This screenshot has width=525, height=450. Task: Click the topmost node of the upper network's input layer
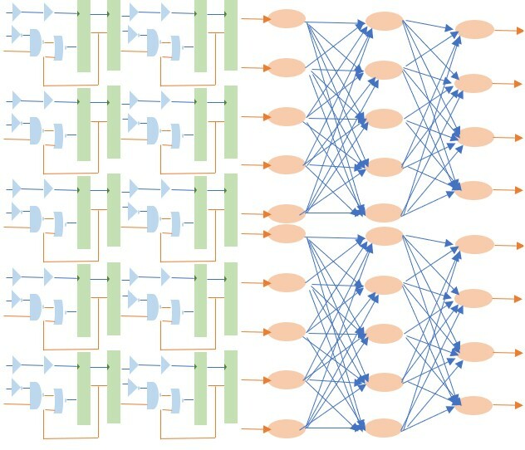point(287,18)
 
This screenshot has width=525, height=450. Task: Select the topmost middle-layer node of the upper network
point(384,21)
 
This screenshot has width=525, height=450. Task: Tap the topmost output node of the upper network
point(474,30)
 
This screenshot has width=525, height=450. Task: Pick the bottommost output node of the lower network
point(474,405)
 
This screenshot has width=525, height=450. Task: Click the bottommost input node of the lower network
point(287,428)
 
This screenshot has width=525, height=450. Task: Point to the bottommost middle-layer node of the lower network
point(384,428)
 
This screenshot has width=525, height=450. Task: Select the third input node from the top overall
point(287,116)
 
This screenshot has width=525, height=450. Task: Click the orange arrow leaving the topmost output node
point(507,30)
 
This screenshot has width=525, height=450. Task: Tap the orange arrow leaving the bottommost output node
point(507,405)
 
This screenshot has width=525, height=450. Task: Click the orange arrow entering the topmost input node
point(254,18)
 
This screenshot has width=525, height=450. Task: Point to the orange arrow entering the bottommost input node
point(254,428)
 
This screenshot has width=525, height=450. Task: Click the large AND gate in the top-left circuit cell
point(36,42)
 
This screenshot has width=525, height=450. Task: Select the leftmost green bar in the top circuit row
point(84,36)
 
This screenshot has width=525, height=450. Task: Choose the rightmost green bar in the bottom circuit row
point(231,387)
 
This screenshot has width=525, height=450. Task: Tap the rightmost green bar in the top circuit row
point(231,35)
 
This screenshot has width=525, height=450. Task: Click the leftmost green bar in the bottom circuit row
point(84,388)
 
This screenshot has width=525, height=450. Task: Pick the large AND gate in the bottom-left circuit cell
point(36,394)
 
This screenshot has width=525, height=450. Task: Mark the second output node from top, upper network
point(474,83)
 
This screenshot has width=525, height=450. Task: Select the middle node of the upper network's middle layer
point(384,118)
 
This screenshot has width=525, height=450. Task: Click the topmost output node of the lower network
point(474,244)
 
